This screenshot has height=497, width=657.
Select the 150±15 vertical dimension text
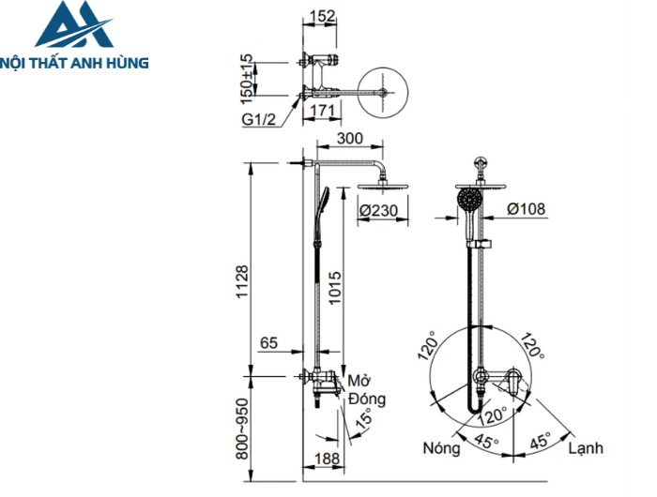click(247, 78)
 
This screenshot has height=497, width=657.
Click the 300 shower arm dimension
click(350, 139)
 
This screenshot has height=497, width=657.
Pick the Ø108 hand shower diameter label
click(527, 208)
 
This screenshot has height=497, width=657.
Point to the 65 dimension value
click(269, 344)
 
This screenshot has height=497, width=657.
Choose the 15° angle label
click(361, 417)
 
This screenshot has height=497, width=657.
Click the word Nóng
click(441, 448)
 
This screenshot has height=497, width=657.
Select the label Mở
click(359, 382)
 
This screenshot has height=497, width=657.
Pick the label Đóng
click(367, 399)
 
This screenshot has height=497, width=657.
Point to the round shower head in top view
click(384, 91)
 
